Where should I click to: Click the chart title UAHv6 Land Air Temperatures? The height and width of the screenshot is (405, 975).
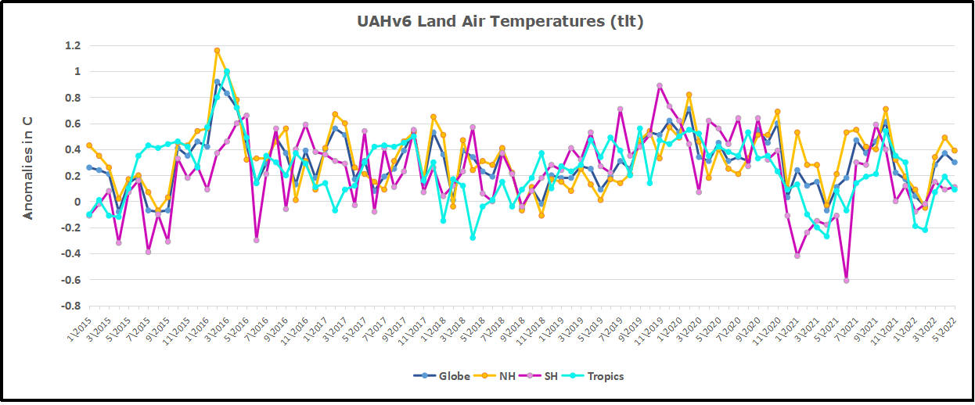pyautogui.click(x=499, y=22)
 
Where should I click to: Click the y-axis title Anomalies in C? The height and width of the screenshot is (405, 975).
pyautogui.click(x=27, y=167)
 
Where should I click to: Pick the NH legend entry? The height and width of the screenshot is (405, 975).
pyautogui.click(x=501, y=376)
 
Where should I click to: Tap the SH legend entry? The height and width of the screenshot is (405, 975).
pyautogui.click(x=547, y=376)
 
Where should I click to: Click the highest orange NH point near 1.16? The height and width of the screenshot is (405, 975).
pyautogui.click(x=217, y=51)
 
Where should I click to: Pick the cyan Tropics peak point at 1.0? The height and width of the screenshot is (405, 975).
pyautogui.click(x=227, y=72)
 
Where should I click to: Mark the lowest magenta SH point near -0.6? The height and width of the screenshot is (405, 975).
pyautogui.click(x=846, y=280)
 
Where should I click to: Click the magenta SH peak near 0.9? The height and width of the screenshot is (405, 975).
pyautogui.click(x=660, y=86)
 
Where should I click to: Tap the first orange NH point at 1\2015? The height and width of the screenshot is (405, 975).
pyautogui.click(x=89, y=145)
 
